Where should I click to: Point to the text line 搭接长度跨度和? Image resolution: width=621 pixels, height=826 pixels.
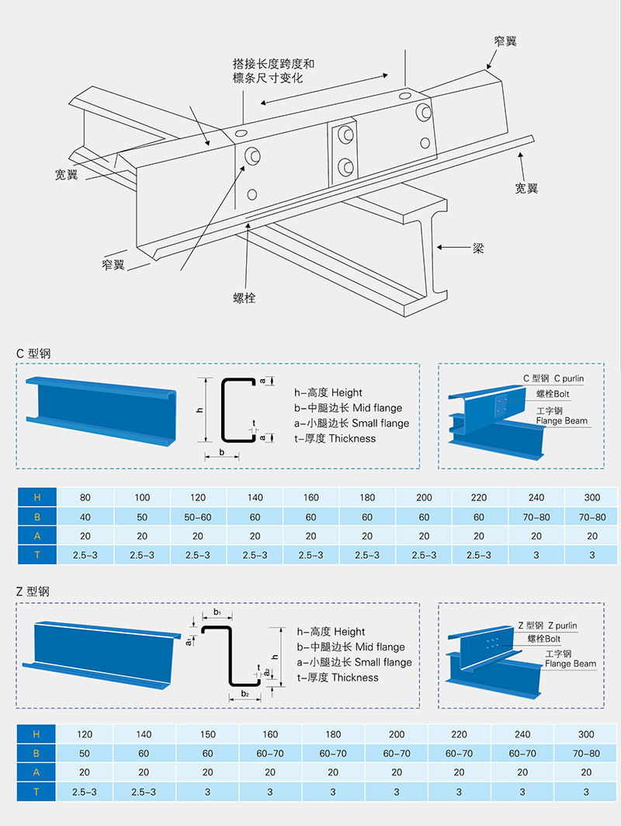click(x=273, y=64)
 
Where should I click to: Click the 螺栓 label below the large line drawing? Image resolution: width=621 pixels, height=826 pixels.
click(x=245, y=298)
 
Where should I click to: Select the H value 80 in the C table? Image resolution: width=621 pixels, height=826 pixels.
click(x=85, y=497)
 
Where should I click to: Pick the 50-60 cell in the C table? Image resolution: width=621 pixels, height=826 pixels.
click(x=198, y=517)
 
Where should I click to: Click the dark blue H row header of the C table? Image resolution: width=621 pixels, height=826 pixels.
click(x=36, y=497)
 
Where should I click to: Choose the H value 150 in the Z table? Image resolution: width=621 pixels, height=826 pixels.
click(x=207, y=734)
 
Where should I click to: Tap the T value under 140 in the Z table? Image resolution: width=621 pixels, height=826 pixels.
click(x=144, y=792)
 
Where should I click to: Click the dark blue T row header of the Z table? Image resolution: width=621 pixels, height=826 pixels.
click(x=36, y=792)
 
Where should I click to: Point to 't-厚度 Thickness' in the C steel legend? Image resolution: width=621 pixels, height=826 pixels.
click(x=335, y=438)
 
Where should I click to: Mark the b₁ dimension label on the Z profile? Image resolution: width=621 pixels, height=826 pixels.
click(x=218, y=613)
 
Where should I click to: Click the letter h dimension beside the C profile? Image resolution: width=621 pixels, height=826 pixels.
click(x=199, y=410)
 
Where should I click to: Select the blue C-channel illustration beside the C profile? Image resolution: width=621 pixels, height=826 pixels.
click(x=101, y=410)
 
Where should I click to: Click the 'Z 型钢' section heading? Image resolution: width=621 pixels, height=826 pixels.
click(x=37, y=591)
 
